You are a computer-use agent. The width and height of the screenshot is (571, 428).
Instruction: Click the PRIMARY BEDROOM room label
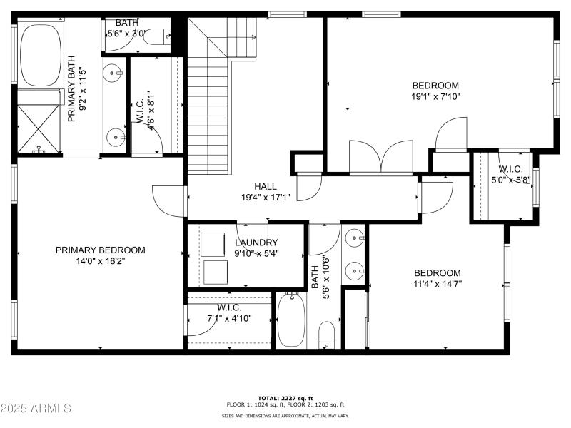click(101, 250)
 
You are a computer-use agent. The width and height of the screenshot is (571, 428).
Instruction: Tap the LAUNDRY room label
click(256, 243)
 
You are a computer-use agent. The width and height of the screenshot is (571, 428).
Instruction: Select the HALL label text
click(265, 186)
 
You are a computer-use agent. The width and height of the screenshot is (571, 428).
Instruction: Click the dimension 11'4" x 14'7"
click(438, 284)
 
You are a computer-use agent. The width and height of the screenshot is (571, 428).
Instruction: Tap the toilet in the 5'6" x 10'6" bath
click(326, 335)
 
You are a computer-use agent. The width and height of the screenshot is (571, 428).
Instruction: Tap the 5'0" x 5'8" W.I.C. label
click(511, 175)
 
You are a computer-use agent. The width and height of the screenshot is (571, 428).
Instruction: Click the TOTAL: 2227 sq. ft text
click(285, 398)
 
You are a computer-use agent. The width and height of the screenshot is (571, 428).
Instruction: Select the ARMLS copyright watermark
click(36, 409)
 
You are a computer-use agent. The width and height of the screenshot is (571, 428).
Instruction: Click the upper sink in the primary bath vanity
click(114, 71)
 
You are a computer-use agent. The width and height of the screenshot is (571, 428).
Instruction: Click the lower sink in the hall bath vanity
click(355, 270)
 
